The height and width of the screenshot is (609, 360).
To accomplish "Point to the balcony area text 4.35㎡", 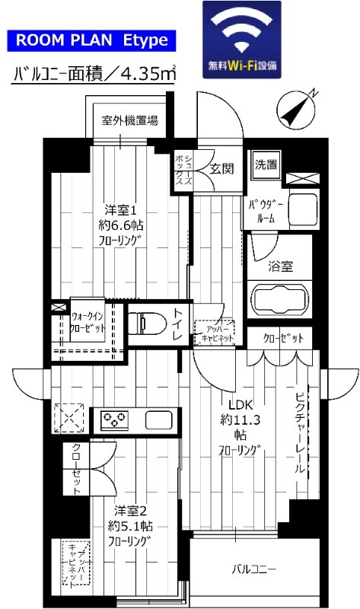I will [x=95, y=75].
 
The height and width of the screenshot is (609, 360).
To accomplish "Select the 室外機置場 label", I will [x=131, y=120].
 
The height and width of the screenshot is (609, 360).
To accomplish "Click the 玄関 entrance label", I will [x=222, y=168].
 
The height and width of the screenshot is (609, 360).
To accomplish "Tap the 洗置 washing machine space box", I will [x=266, y=164].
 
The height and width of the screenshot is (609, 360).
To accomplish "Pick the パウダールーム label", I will [x=266, y=210].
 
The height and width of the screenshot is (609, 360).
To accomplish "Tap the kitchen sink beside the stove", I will [x=159, y=419].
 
